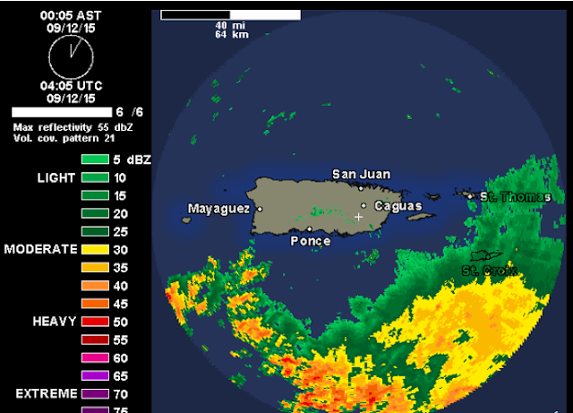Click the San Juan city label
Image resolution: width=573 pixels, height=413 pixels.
tap(361, 175)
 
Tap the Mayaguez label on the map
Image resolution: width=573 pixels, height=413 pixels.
tap(218, 209)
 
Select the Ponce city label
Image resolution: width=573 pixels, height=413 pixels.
tap(311, 241)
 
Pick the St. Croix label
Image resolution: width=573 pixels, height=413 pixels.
tap(482, 270)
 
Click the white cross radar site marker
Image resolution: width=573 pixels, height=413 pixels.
tap(358, 217)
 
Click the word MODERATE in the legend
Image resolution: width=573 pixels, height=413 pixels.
tap(41, 249)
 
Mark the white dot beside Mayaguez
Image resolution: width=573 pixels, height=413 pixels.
tap(260, 209)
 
